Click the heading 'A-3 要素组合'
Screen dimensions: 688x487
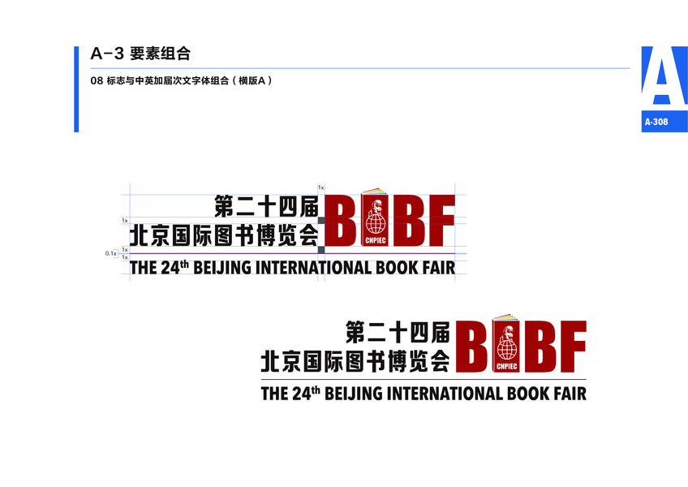point(140,54)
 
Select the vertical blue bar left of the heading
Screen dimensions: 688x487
point(76,88)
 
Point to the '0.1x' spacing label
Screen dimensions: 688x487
point(111,253)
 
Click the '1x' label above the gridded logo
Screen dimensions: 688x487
point(320,187)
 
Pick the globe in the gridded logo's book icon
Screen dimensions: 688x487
point(376,221)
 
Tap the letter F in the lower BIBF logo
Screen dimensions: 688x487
point(572,347)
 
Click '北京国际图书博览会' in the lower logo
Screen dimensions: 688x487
point(355,360)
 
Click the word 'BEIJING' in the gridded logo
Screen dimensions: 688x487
point(222,268)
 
